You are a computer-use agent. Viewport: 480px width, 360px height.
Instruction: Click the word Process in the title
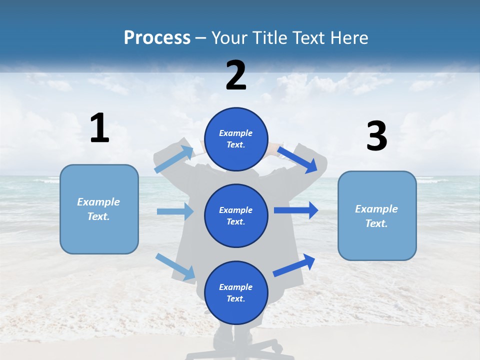pyautogui.click(x=157, y=38)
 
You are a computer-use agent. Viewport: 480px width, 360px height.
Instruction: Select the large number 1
pyautogui.click(x=99, y=128)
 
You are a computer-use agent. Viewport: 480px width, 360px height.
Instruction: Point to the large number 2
pyautogui.click(x=236, y=75)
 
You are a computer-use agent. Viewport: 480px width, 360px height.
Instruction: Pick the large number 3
pyautogui.click(x=376, y=136)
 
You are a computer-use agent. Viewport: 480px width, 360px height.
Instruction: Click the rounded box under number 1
pyautogui.click(x=99, y=209)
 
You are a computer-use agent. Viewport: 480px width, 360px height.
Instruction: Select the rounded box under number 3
pyautogui.click(x=377, y=215)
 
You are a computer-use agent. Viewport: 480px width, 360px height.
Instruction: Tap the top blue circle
pyautogui.click(x=236, y=139)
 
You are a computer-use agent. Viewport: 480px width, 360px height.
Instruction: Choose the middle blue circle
pyautogui.click(x=236, y=215)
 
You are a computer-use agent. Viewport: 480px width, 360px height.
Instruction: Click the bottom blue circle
pyautogui.click(x=236, y=292)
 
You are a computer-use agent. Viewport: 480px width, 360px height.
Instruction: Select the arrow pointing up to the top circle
pyautogui.click(x=173, y=159)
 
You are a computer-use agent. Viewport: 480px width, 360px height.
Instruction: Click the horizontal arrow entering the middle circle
pyautogui.click(x=175, y=211)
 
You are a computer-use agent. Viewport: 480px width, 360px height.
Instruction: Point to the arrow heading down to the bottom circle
pyautogui.click(x=175, y=266)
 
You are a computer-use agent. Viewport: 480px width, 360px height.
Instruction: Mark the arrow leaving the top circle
pyautogui.click(x=297, y=159)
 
